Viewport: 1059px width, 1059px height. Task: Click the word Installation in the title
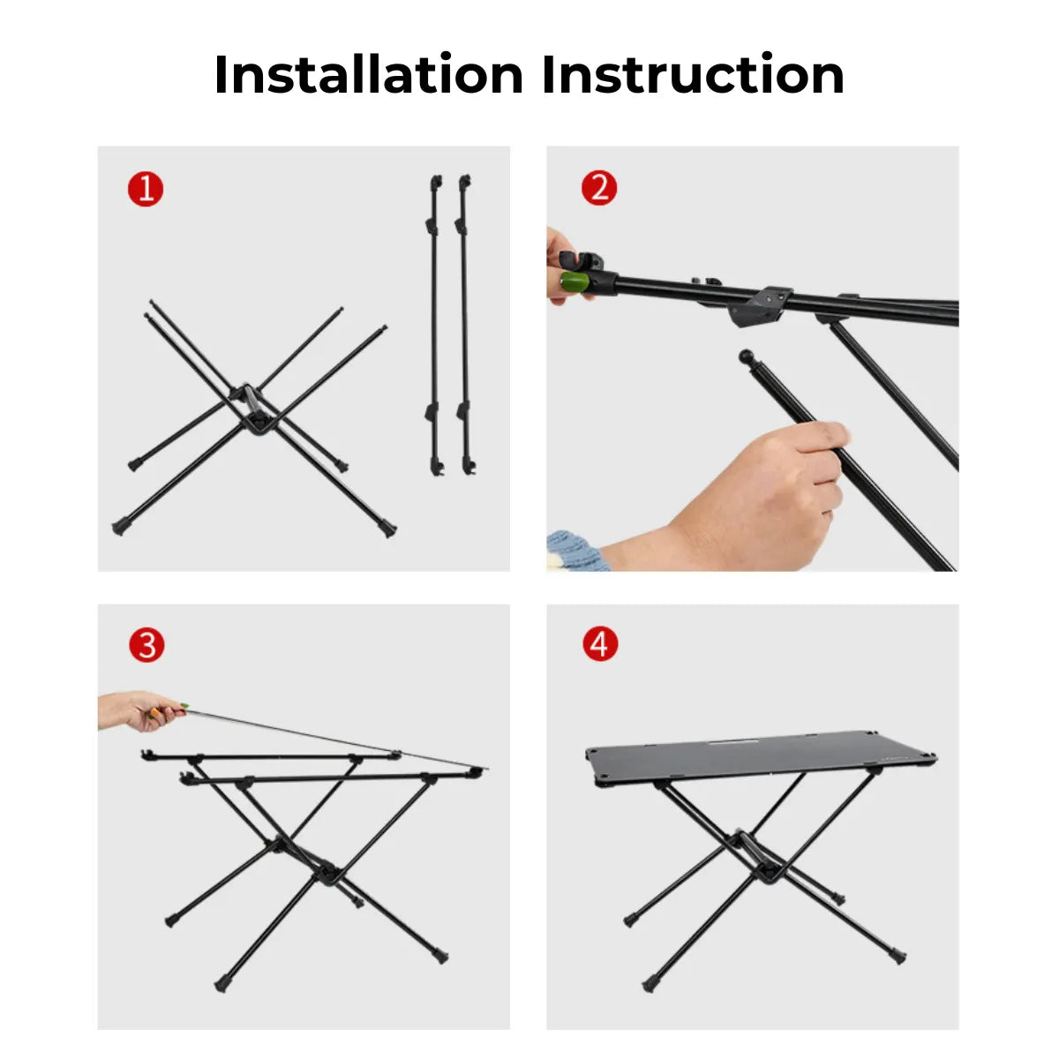coord(369,74)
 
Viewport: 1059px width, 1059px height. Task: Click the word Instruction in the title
coord(693,74)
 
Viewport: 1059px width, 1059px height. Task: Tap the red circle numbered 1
coord(146,189)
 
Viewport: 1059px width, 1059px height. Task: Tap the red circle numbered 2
coord(599,188)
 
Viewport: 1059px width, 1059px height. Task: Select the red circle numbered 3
coord(146,645)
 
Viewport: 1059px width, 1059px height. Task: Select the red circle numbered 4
coord(599,644)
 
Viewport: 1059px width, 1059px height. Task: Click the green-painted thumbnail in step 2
coord(574,282)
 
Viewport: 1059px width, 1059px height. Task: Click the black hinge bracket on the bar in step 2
coord(760,304)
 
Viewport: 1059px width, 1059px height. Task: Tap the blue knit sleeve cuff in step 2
coord(573,551)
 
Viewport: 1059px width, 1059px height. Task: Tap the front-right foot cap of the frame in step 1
coord(387,529)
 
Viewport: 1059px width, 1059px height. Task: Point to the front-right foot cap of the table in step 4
coord(898,956)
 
